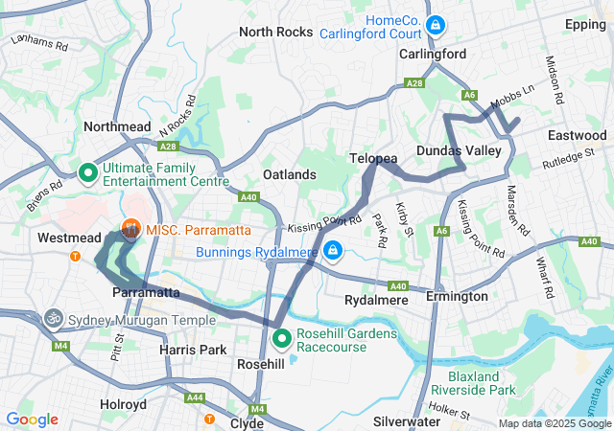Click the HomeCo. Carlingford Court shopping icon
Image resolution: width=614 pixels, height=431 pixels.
436,24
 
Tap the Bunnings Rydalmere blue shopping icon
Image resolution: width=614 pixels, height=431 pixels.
332,252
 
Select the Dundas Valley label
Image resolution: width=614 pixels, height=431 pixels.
453,151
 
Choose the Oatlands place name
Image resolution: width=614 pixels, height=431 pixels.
289,174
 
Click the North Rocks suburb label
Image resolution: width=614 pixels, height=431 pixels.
275,32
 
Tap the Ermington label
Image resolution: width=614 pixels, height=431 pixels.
457,297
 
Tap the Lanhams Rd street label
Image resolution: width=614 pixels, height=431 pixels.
39,43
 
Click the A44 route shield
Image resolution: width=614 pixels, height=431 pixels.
196,397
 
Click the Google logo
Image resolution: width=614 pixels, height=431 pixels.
33,420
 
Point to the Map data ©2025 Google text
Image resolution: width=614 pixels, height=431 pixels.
554,423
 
